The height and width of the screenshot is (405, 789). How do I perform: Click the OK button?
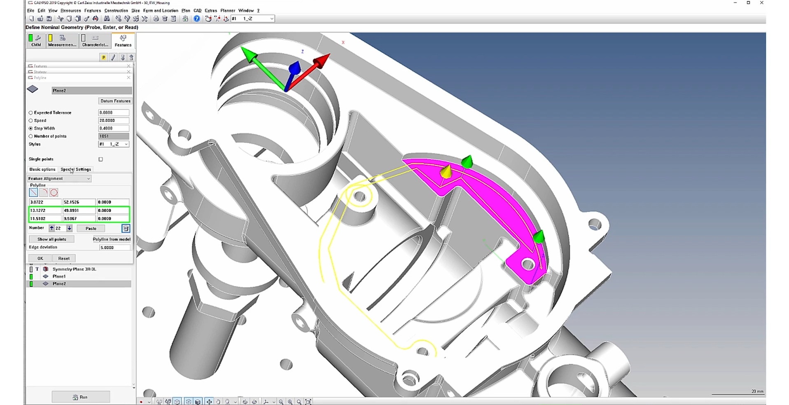40,258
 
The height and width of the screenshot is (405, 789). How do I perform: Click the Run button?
81,397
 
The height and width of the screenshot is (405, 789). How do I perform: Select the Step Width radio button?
31,129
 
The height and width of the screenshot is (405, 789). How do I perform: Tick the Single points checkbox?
101,159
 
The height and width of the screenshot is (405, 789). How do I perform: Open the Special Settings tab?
76,169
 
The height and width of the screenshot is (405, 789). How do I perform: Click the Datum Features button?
115,101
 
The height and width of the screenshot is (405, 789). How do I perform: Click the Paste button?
91,228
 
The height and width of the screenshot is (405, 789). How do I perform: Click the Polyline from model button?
112,239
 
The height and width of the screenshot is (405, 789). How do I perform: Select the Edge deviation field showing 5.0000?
114,248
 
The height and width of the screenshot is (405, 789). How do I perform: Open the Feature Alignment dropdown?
59,179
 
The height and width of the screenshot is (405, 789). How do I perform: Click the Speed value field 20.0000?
114,121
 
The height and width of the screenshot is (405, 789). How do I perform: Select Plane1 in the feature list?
59,276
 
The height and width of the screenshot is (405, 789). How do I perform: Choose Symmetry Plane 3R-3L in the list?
74,269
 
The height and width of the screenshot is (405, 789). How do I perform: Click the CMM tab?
36,41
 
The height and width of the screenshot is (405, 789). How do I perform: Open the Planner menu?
228,10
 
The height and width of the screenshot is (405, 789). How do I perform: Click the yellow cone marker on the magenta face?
446,171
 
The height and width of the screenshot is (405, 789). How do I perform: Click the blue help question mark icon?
197,19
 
